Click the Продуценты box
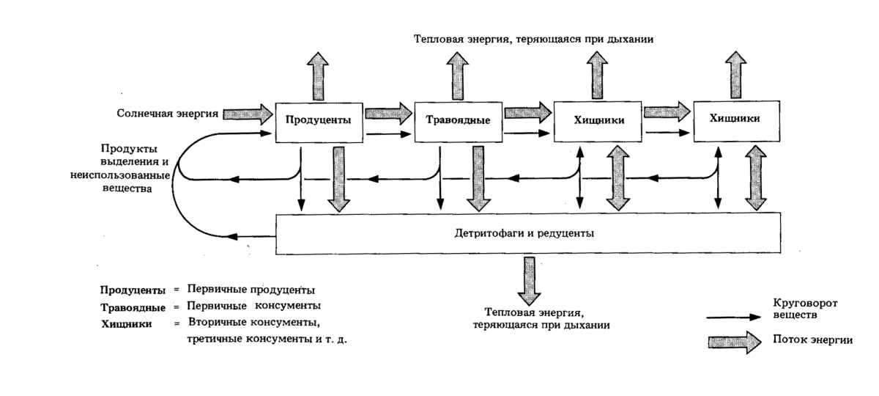point(319,120)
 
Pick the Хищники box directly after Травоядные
point(596,120)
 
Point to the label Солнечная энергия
point(167,114)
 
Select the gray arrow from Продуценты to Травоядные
point(388,112)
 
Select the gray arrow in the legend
point(734,341)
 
